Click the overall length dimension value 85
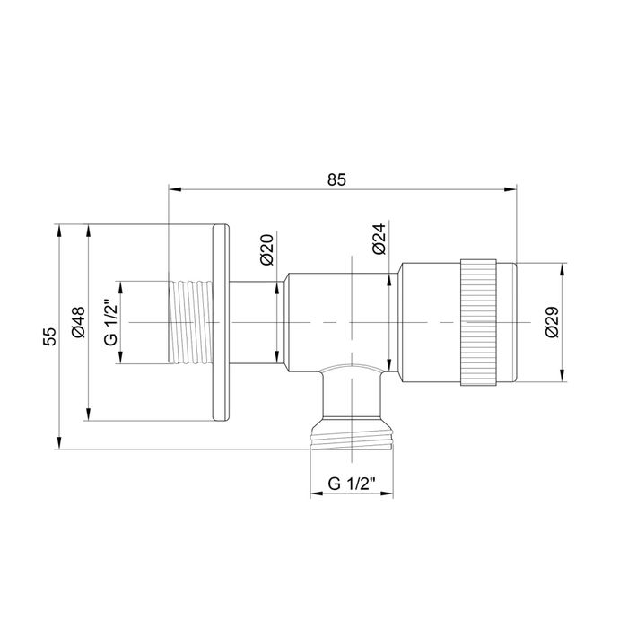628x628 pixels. pyautogui.click(x=336, y=179)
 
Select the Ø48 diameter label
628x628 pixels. pyautogui.click(x=78, y=322)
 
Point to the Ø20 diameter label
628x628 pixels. pyautogui.click(x=266, y=249)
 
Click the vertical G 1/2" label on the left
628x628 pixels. pyautogui.click(x=110, y=322)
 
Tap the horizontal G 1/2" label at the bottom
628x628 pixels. pyautogui.click(x=352, y=484)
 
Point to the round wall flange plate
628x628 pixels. pyautogui.click(x=221, y=322)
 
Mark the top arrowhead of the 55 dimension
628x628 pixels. pyautogui.click(x=60, y=231)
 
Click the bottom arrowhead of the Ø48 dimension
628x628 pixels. pyautogui.click(x=88, y=413)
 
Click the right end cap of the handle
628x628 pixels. pyautogui.click(x=507, y=322)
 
